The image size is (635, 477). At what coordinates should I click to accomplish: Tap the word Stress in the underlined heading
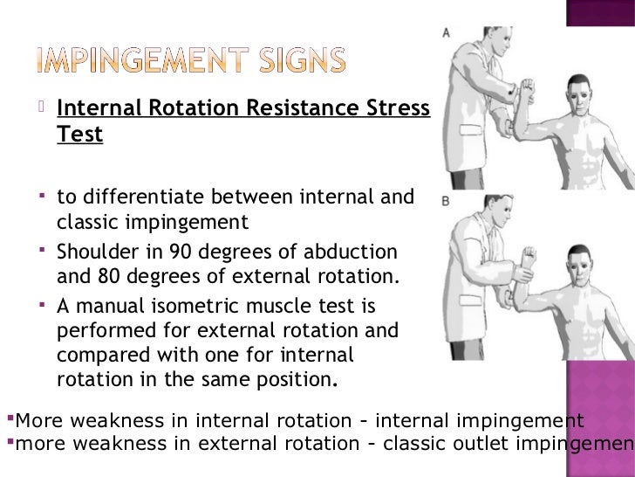399,110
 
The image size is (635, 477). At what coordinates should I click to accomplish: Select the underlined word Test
79,135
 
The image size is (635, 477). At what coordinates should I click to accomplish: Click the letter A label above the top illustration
447,33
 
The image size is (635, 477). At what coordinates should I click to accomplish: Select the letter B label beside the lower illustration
446,201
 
